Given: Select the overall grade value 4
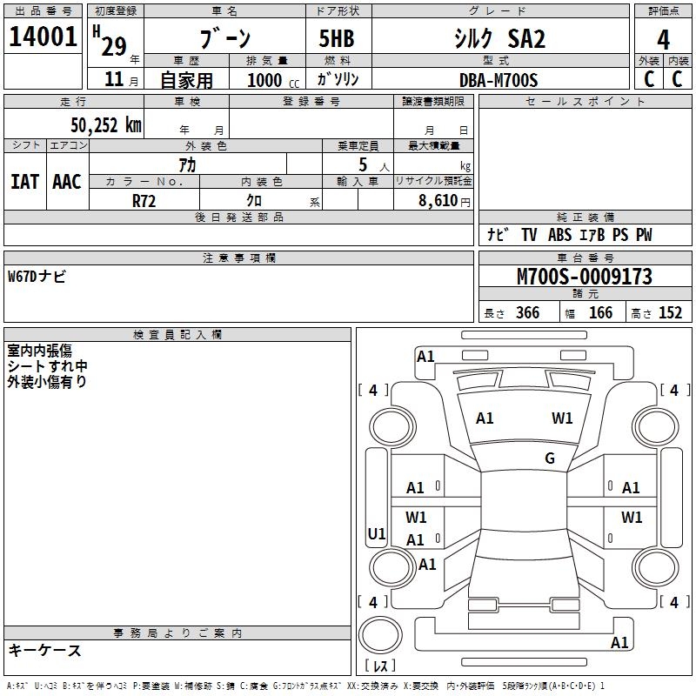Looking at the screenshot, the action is pyautogui.click(x=663, y=39).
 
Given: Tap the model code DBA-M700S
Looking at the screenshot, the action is pyautogui.click(x=499, y=80).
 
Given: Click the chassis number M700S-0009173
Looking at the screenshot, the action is pyautogui.click(x=584, y=277).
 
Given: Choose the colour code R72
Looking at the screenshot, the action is pyautogui.click(x=144, y=199).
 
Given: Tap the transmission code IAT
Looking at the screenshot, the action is pyautogui.click(x=24, y=181).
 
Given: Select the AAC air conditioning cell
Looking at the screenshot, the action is pyautogui.click(x=67, y=181).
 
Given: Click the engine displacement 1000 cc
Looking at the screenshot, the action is pyautogui.click(x=270, y=80).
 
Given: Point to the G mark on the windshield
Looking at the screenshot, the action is pyautogui.click(x=550, y=458).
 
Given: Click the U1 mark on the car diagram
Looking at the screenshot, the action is pyautogui.click(x=377, y=533).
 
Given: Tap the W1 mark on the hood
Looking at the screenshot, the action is pyautogui.click(x=562, y=418).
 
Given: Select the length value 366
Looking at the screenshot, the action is pyautogui.click(x=527, y=313).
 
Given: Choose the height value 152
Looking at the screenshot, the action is pyautogui.click(x=670, y=313).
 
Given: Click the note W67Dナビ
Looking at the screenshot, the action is pyautogui.click(x=37, y=277).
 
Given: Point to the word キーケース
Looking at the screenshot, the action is pyautogui.click(x=44, y=651).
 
